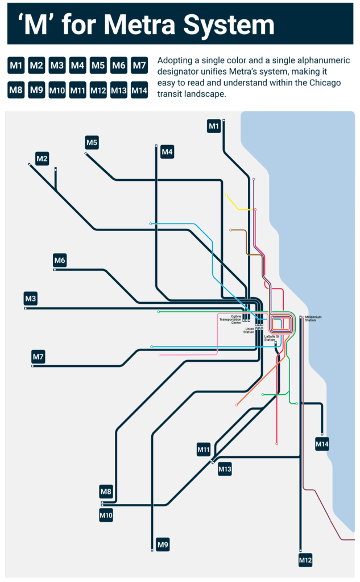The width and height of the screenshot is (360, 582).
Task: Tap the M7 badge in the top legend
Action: pos(139,66)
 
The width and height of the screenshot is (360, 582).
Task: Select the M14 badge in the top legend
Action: pos(139,90)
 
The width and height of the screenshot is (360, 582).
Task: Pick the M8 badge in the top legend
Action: pos(16,90)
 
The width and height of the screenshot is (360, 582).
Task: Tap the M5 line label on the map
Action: pos(92,142)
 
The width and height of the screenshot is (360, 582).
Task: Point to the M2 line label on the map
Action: pos(42,159)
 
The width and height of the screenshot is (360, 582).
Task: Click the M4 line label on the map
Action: pos(167,152)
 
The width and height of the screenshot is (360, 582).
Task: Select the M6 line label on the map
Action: pos(60,261)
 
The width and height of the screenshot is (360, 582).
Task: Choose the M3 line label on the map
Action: pos(31,298)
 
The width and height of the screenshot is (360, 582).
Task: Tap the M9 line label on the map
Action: pos(163,545)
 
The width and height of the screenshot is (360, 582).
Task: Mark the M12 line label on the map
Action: pos(305,560)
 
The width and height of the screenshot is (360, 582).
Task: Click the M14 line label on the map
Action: pos(322,444)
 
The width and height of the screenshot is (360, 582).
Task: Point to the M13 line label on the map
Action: pos(225,469)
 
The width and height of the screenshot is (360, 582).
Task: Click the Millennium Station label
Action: pos(314,319)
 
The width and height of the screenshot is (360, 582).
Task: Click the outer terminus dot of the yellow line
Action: pos(226,196)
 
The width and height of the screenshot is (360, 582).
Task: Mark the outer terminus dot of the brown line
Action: pos(230,230)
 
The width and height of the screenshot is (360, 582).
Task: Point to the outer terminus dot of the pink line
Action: pos(160,355)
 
